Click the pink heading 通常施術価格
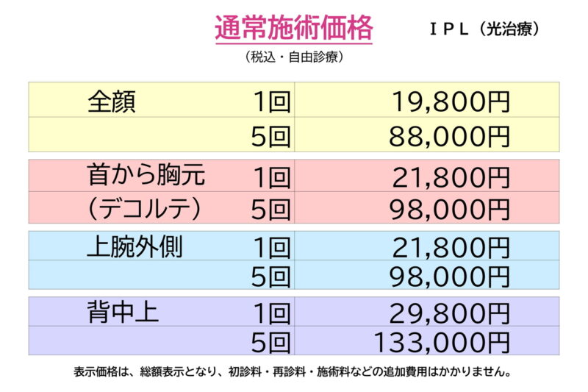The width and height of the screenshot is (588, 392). click(x=294, y=29)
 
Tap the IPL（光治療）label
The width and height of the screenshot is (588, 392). click(x=486, y=29)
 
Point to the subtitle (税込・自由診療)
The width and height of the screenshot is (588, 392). click(x=294, y=57)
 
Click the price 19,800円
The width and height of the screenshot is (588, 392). click(x=449, y=101)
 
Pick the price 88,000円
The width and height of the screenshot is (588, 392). click(x=449, y=135)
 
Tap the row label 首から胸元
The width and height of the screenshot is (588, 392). click(x=146, y=177)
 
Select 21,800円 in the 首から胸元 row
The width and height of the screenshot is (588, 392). click(x=449, y=177)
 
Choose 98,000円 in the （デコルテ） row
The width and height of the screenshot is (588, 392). click(x=449, y=209)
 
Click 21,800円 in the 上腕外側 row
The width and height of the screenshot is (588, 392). click(x=449, y=247)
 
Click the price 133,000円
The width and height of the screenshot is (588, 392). click(x=442, y=342)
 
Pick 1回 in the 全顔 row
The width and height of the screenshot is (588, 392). click(x=271, y=101)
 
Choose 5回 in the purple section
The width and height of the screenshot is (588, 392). click(x=271, y=342)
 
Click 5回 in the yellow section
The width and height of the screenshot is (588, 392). click(x=271, y=135)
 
